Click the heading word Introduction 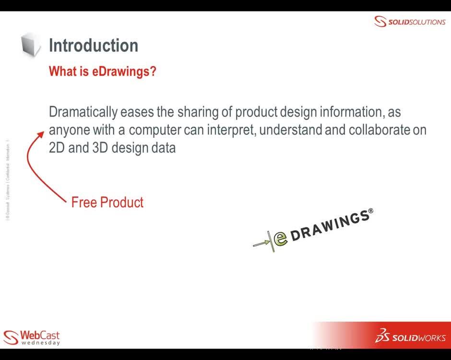[x=94, y=46]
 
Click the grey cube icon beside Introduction [x=31, y=45]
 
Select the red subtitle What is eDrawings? [x=103, y=72]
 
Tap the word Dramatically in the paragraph [x=83, y=112]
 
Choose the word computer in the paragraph [x=154, y=130]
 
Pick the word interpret [x=231, y=130]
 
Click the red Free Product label [x=107, y=202]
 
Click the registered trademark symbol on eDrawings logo [x=370, y=211]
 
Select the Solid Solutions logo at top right [x=410, y=22]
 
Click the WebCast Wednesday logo [x=32, y=337]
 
